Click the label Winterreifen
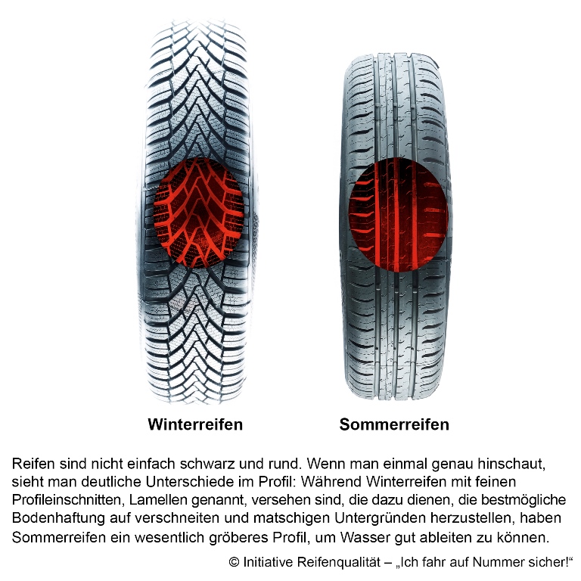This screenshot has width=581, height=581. tap(195, 424)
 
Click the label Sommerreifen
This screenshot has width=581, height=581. tap(394, 424)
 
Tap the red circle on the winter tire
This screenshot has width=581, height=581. tap(199, 213)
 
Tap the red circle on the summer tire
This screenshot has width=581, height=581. tap(399, 215)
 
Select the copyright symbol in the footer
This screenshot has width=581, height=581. tap(235, 562)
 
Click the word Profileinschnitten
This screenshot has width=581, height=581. tap(69, 499)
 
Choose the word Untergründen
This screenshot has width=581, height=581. tap(381, 517)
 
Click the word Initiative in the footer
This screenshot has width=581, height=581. tap(269, 562)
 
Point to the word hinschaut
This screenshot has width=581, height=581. tap(512, 464)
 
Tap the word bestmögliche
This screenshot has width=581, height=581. tap(524, 499)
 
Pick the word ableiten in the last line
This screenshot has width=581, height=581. tap(433, 536)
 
